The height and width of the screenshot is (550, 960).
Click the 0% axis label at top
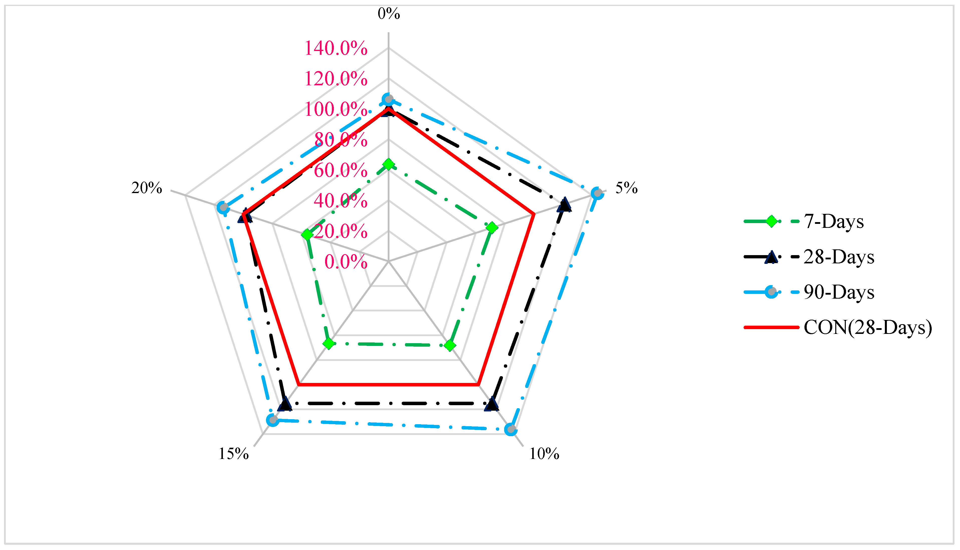pos(388,14)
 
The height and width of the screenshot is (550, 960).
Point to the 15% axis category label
pos(233,454)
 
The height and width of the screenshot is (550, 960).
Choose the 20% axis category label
pos(147,188)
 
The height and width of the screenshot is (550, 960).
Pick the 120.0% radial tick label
pos(336,79)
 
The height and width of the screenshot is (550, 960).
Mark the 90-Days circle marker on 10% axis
pos(511,429)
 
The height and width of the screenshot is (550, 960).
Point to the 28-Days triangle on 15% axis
pos(285,404)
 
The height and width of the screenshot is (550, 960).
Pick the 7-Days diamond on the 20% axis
pos(307,235)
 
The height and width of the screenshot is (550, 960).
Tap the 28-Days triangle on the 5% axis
pos(564,205)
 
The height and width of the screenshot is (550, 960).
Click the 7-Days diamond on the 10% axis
pos(449,345)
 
